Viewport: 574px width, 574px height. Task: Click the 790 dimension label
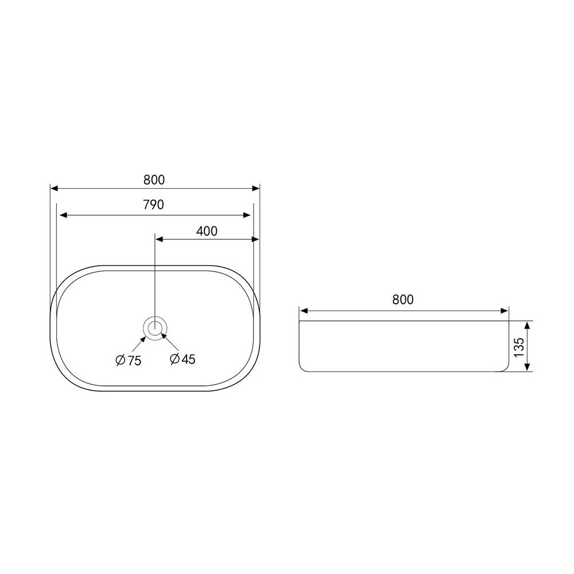[153, 205]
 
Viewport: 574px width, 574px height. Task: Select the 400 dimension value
[207, 231]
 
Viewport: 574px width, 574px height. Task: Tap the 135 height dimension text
[519, 347]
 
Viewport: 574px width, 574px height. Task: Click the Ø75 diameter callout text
[128, 360]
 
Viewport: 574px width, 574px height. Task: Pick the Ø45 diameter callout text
[183, 359]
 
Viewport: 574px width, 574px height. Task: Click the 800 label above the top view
[154, 180]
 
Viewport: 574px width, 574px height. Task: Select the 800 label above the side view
[403, 300]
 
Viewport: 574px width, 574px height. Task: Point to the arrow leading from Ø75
[139, 344]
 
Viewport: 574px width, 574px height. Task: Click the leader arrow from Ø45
[170, 342]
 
